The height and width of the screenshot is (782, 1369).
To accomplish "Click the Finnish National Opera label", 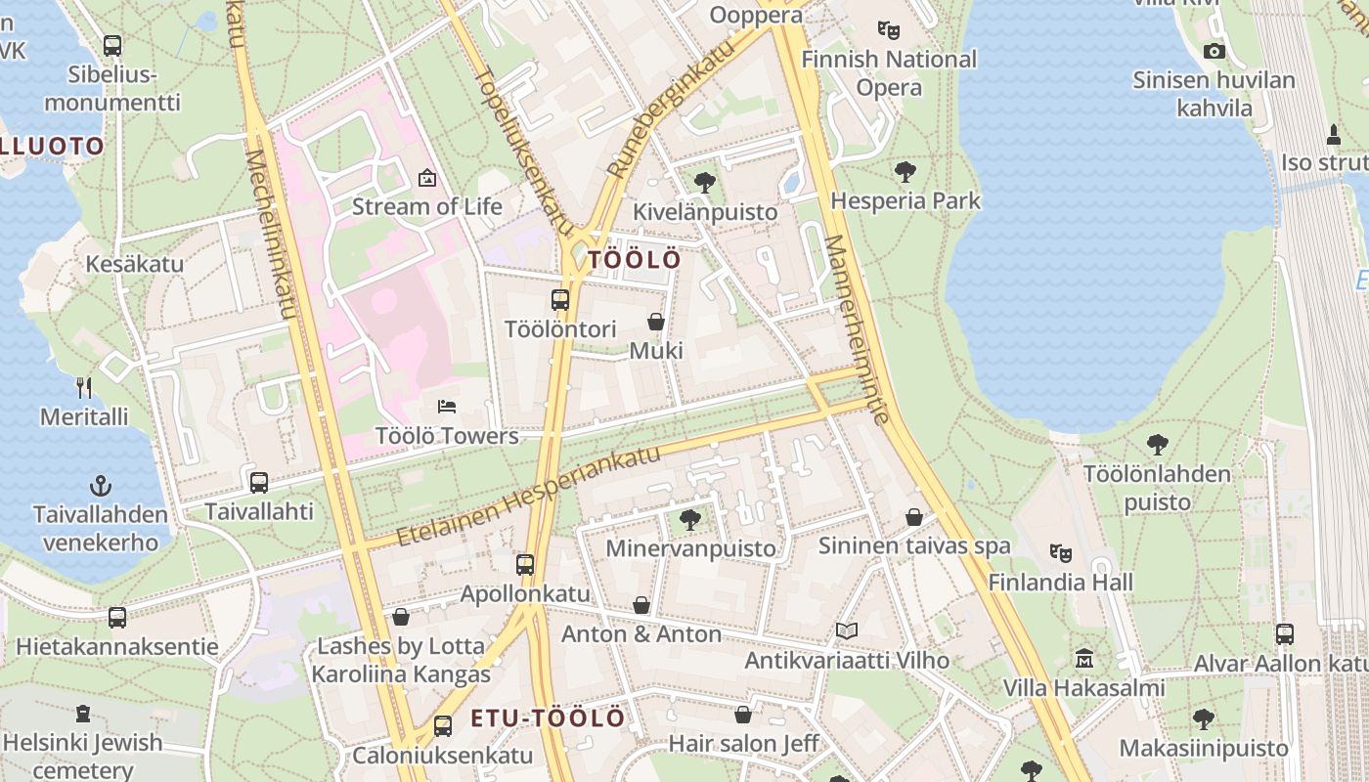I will [x=889, y=73].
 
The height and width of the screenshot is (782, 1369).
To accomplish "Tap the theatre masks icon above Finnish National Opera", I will [x=888, y=30].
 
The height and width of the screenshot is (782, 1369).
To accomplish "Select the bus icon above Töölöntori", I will [x=560, y=300].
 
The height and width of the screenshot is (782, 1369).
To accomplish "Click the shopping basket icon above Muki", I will [x=656, y=322].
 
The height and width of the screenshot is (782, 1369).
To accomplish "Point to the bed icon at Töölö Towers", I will [x=447, y=406].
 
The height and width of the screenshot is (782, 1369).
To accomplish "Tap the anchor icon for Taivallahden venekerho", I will [x=100, y=485].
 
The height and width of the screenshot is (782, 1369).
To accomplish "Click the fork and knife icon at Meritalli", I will [x=84, y=388].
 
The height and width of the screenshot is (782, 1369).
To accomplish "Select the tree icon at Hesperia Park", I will [x=905, y=172].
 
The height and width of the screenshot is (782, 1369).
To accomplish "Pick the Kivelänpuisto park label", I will [x=705, y=212].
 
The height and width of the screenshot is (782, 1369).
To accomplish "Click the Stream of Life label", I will [x=427, y=206].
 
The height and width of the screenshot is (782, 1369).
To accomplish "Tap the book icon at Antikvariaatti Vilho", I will [x=847, y=631].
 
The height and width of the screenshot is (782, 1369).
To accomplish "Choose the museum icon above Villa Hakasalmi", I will [x=1083, y=659].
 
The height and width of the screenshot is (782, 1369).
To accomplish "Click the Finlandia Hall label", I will [x=1060, y=583].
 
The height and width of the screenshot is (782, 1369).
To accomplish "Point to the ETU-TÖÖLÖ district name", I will [x=548, y=718].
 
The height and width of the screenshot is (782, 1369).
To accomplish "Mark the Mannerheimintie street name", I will [x=856, y=328].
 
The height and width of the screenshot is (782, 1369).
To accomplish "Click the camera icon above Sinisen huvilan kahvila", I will [x=1214, y=52].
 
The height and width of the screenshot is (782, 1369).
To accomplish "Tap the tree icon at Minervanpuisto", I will [x=690, y=519].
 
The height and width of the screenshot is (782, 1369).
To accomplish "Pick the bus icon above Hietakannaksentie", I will [x=117, y=618].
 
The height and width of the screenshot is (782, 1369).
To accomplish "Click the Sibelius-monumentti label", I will [x=112, y=88].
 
